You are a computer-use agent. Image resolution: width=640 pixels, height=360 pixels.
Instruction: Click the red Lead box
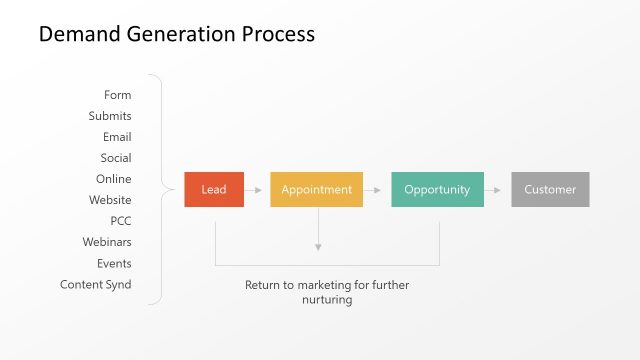[x=214, y=190]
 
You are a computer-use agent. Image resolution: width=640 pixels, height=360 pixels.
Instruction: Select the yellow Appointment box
[x=316, y=190]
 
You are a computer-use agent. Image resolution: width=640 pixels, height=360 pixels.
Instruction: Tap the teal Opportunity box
[x=437, y=190]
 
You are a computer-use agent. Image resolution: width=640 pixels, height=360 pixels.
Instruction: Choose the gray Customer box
[x=550, y=190]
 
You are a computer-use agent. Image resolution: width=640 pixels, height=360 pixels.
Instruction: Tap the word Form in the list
[x=117, y=95]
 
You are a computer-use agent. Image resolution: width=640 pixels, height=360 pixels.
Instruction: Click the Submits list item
[x=110, y=116]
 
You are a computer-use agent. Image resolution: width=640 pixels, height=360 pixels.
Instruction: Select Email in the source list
[x=117, y=137]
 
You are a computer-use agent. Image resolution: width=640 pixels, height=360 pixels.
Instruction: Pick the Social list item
[x=116, y=158]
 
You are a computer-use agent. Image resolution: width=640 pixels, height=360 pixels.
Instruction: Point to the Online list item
[x=114, y=179]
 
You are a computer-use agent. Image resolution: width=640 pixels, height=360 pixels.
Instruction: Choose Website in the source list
[x=110, y=200]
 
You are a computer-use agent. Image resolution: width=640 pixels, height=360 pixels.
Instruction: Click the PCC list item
[x=121, y=221]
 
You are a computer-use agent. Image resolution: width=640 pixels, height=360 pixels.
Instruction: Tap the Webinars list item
[x=107, y=242]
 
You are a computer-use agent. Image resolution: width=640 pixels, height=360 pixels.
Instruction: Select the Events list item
[x=114, y=263]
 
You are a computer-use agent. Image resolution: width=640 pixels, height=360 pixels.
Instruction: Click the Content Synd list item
[x=96, y=285]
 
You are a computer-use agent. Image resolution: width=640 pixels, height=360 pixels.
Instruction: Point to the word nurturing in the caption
[x=327, y=300]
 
